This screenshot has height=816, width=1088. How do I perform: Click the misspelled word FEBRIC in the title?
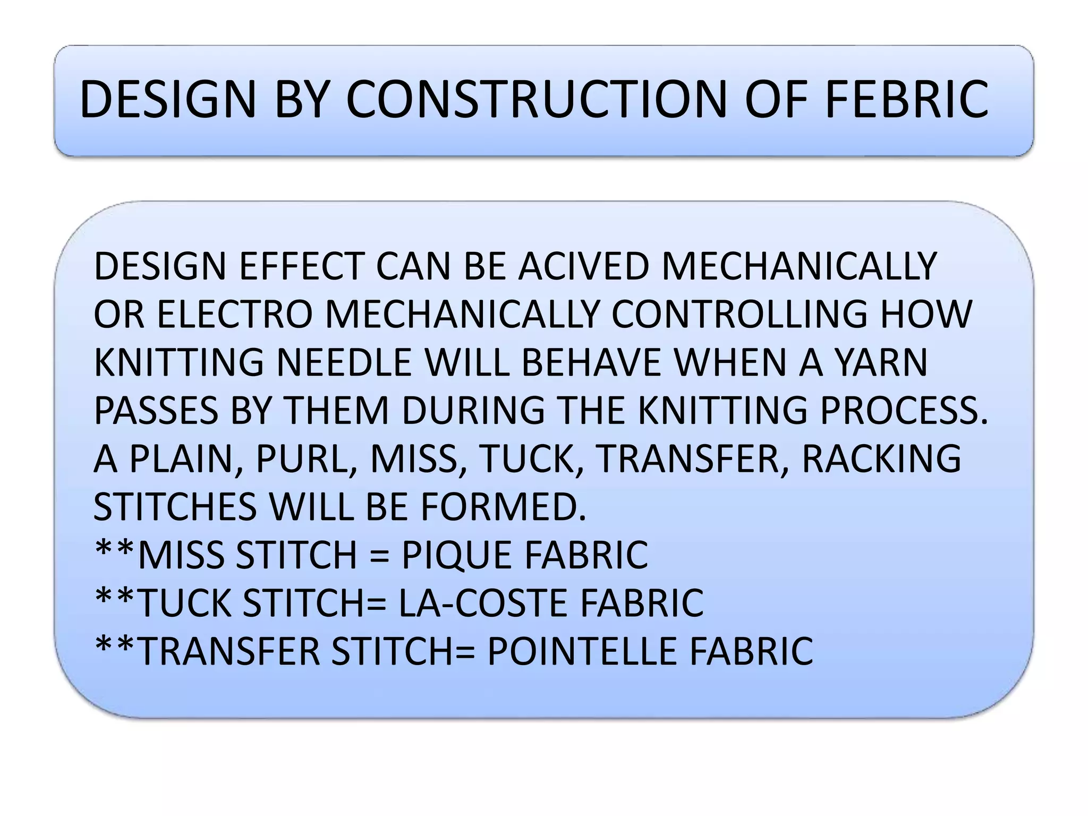pyautogui.click(x=906, y=100)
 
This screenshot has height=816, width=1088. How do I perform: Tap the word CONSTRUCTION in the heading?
pyautogui.click(x=536, y=100)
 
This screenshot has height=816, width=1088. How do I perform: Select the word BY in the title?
pyautogui.click(x=299, y=100)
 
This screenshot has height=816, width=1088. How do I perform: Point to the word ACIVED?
pyautogui.click(x=584, y=266)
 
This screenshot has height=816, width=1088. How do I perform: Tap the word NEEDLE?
pyautogui.click(x=344, y=362)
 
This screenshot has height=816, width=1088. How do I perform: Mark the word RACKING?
pyautogui.click(x=881, y=458)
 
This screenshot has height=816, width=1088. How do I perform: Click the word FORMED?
pyautogui.click(x=504, y=507)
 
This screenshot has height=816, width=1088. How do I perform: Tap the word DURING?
pyautogui.click(x=473, y=410)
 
